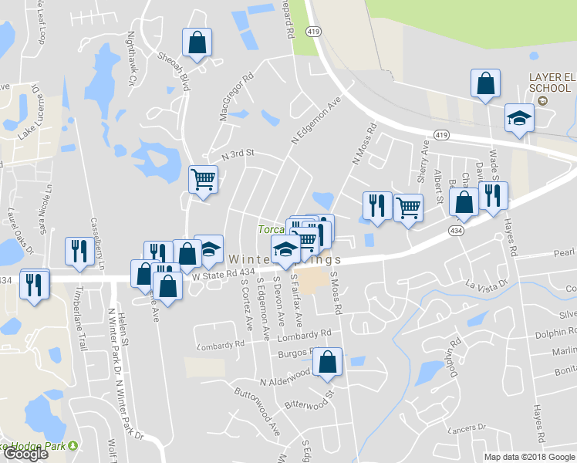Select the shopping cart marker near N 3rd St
coord(203,180)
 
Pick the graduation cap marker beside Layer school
coord(519,118)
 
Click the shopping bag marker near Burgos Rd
coord(328,362)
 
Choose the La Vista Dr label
coord(487,286)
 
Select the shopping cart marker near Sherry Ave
coord(408,206)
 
